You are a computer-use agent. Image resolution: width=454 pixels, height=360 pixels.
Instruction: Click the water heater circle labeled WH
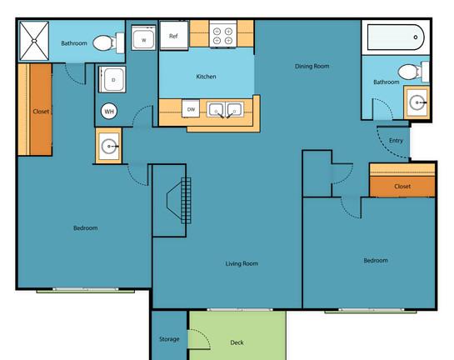(109, 111)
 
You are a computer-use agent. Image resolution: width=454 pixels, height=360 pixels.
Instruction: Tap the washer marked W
(143, 37)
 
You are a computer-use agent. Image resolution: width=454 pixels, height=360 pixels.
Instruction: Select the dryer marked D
(112, 79)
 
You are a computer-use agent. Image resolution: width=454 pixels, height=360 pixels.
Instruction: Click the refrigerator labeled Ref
(174, 35)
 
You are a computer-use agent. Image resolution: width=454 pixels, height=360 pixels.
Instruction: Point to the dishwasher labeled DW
(191, 108)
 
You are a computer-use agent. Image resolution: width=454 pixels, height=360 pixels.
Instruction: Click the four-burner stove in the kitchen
(223, 34)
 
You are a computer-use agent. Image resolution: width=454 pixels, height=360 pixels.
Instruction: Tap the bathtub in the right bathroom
(396, 37)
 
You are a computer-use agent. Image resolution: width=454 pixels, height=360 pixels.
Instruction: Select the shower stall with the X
(34, 41)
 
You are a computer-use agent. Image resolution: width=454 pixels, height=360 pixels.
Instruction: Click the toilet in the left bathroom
(108, 42)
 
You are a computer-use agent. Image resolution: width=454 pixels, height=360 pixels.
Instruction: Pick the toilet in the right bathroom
(413, 72)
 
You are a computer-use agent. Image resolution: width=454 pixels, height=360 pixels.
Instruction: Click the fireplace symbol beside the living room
(179, 201)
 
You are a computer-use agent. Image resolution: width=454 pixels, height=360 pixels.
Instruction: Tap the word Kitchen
(206, 77)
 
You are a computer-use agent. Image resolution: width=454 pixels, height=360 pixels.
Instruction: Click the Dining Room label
(312, 67)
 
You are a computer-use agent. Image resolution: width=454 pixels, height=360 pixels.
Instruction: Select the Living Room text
(242, 263)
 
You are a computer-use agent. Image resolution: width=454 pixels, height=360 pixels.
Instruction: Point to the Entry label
(396, 141)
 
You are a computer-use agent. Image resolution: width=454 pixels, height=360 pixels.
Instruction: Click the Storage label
(169, 339)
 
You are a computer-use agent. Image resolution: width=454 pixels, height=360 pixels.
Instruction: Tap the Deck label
(237, 342)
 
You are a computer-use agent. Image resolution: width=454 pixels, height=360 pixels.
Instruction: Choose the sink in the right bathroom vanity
(417, 102)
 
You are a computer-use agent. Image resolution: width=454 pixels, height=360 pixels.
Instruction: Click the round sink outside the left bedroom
(109, 147)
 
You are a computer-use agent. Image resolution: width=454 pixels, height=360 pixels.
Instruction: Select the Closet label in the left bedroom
(41, 112)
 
